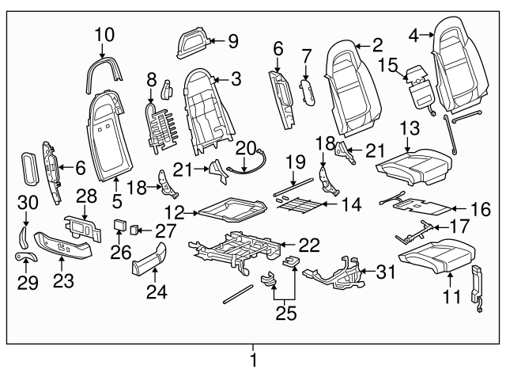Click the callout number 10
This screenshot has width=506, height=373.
click(104, 34)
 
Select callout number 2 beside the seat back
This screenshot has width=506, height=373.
click(377, 45)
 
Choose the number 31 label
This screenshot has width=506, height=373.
click(385, 273)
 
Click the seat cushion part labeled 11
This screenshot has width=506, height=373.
click(436, 255)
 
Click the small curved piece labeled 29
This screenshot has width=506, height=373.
click(22, 257)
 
